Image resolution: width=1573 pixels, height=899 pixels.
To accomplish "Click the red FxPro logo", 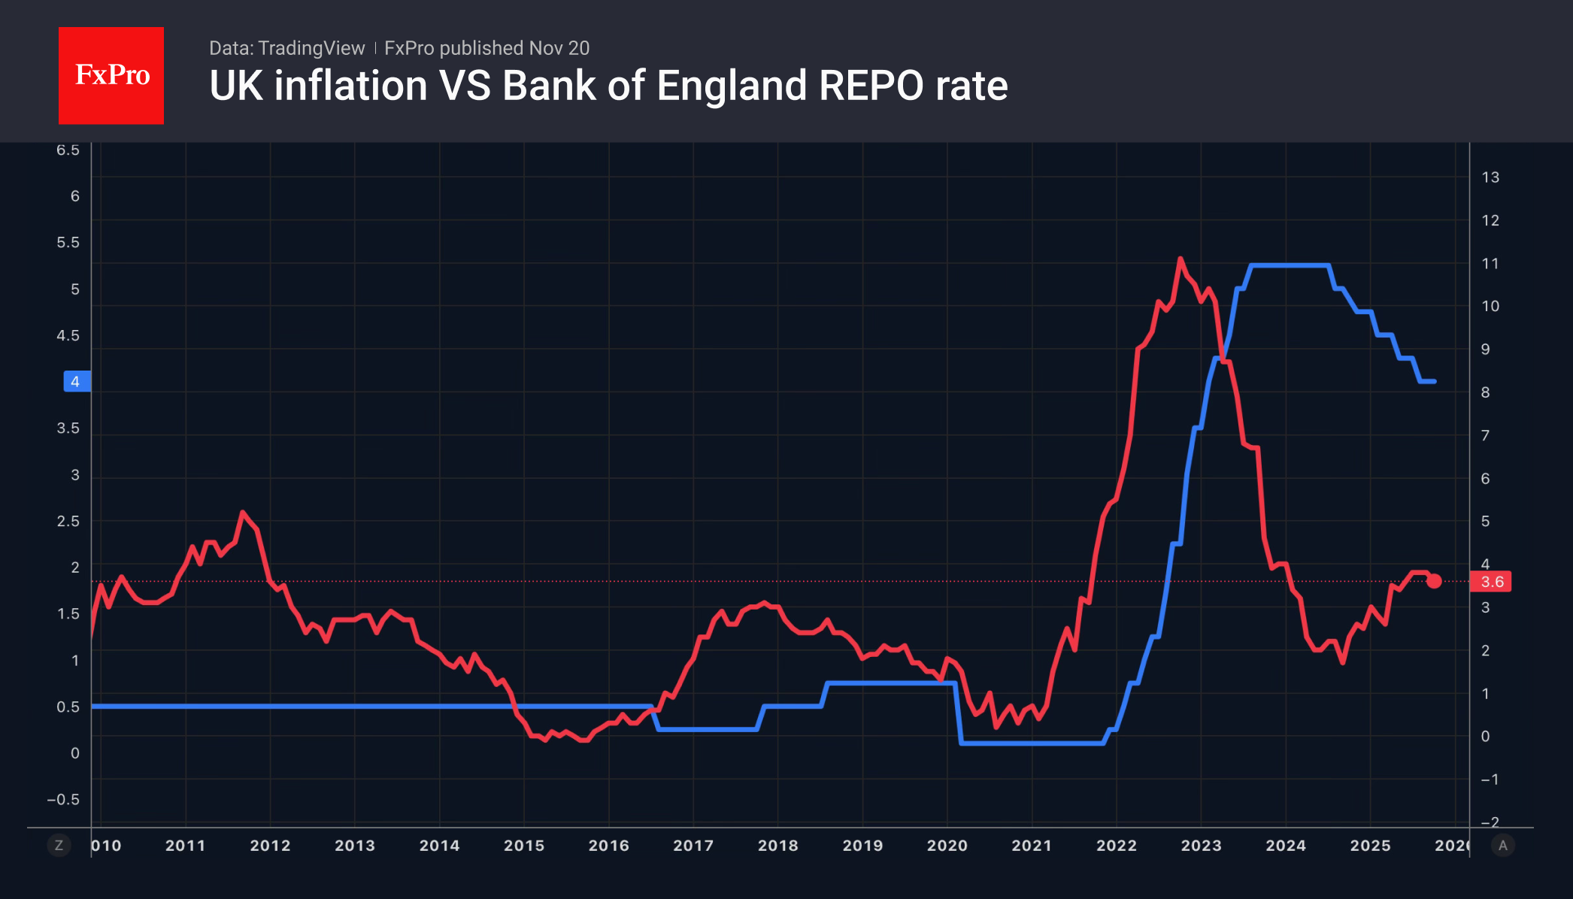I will pyautogui.click(x=111, y=75).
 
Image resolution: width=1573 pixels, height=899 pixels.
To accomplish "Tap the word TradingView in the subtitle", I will pyautogui.click(x=311, y=48).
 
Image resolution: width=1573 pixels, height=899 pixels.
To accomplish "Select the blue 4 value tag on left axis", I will pyautogui.click(x=76, y=382).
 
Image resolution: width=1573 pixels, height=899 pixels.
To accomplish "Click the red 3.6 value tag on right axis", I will pyautogui.click(x=1492, y=582).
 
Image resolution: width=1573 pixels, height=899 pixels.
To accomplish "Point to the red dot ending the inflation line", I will pyautogui.click(x=1434, y=581).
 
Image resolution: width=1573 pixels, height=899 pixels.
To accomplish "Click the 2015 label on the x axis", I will pyautogui.click(x=524, y=846).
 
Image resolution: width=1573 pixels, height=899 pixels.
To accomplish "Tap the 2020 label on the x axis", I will pyautogui.click(x=947, y=846).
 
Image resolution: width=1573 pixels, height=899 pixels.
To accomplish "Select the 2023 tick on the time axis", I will pyautogui.click(x=1201, y=846).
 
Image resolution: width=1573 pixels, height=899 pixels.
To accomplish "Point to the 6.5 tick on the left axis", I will pyautogui.click(x=68, y=150).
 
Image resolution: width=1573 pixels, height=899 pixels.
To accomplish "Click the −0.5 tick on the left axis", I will pyautogui.click(x=63, y=800).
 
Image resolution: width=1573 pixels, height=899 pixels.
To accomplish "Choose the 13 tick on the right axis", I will pyautogui.click(x=1490, y=177).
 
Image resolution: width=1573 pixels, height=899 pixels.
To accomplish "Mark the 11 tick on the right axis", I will pyautogui.click(x=1490, y=264).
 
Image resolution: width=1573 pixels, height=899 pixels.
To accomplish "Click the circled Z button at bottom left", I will pyautogui.click(x=59, y=846).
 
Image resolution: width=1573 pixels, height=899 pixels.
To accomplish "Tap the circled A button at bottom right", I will pyautogui.click(x=1502, y=846).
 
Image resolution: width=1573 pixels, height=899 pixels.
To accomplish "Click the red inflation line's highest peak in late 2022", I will pyautogui.click(x=1181, y=259).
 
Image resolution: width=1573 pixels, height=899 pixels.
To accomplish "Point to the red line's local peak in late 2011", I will pyautogui.click(x=242, y=513).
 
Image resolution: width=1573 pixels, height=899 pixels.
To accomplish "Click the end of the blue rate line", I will pyautogui.click(x=1435, y=382).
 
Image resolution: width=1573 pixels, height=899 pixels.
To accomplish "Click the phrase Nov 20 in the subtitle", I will pyautogui.click(x=559, y=48).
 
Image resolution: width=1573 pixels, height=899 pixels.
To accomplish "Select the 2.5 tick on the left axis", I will pyautogui.click(x=68, y=521).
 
